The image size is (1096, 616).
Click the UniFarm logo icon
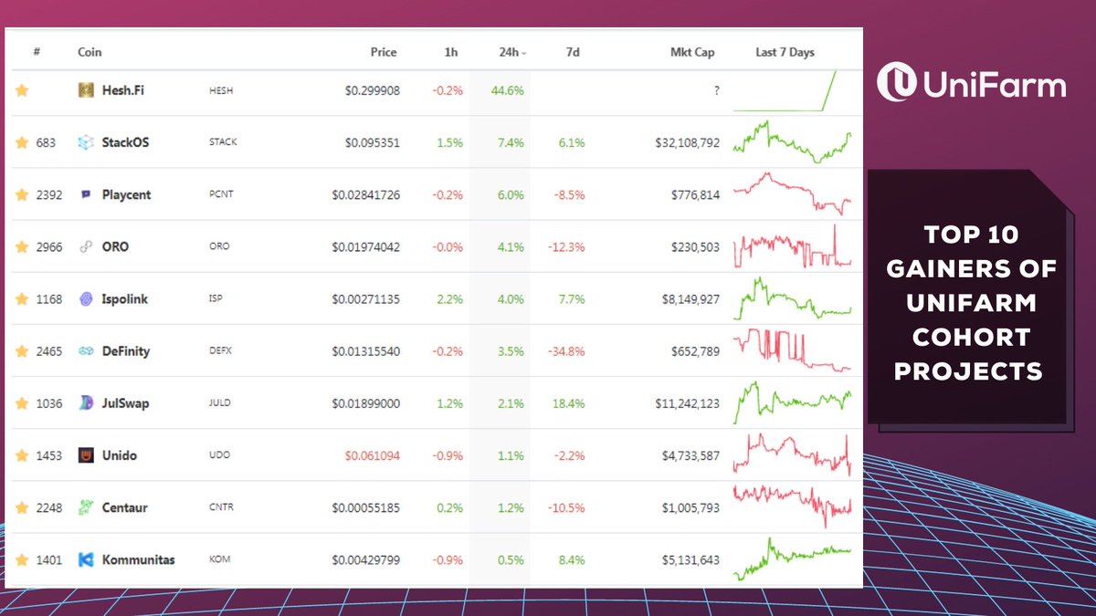tap(896, 82)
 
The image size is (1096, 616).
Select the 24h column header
tap(510, 52)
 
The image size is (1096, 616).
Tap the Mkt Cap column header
tap(691, 52)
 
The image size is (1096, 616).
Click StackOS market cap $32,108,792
tap(687, 142)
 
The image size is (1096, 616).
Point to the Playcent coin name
tap(126, 194)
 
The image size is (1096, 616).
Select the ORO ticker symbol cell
tap(218, 247)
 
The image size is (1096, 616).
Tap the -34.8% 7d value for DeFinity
tap(566, 351)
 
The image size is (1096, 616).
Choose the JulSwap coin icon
tap(86, 403)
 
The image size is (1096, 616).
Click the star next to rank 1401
tap(22, 559)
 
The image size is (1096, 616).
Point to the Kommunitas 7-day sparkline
tap(792, 559)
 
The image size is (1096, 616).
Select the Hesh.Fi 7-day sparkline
tap(792, 90)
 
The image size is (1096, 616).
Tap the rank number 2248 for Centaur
tap(48, 507)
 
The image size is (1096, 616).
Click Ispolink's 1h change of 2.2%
tap(449, 299)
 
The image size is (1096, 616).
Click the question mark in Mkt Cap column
tap(716, 90)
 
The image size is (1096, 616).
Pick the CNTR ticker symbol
tap(221, 507)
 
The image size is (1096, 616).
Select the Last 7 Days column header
tap(785, 52)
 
